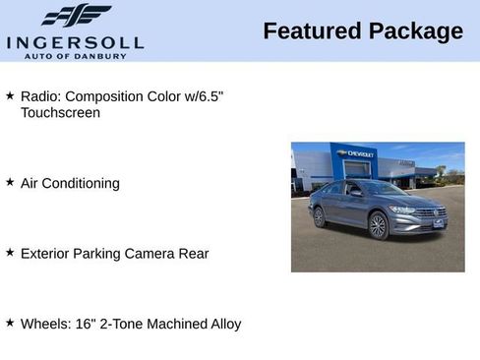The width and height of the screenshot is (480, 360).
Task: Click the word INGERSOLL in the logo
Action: (75, 42)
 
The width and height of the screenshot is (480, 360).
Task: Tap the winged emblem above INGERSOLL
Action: (76, 16)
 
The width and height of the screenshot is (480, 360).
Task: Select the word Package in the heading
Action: (415, 31)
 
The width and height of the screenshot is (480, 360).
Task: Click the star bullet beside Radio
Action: (10, 95)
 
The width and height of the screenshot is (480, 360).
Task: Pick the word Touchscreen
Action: (60, 112)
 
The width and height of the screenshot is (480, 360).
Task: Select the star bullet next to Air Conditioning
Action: (10, 182)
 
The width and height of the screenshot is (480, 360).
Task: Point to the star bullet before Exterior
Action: (10, 253)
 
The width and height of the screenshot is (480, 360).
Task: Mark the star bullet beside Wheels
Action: (10, 323)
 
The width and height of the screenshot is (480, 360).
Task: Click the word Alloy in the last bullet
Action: (222, 324)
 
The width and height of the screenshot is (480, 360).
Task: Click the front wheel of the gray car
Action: (379, 226)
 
